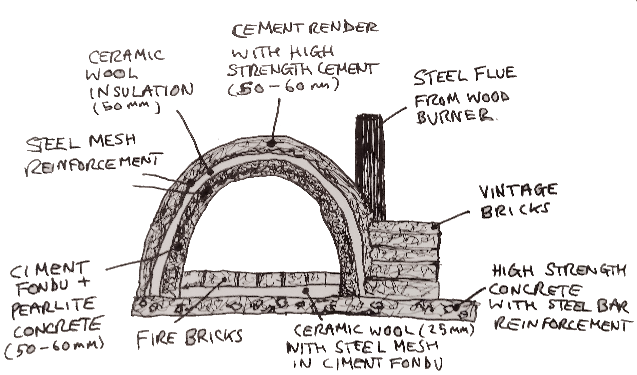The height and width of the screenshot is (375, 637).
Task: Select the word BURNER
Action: [454, 117]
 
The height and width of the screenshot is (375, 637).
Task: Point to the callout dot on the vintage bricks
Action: [434, 226]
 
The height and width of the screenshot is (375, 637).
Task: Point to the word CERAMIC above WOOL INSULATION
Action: [126, 56]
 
